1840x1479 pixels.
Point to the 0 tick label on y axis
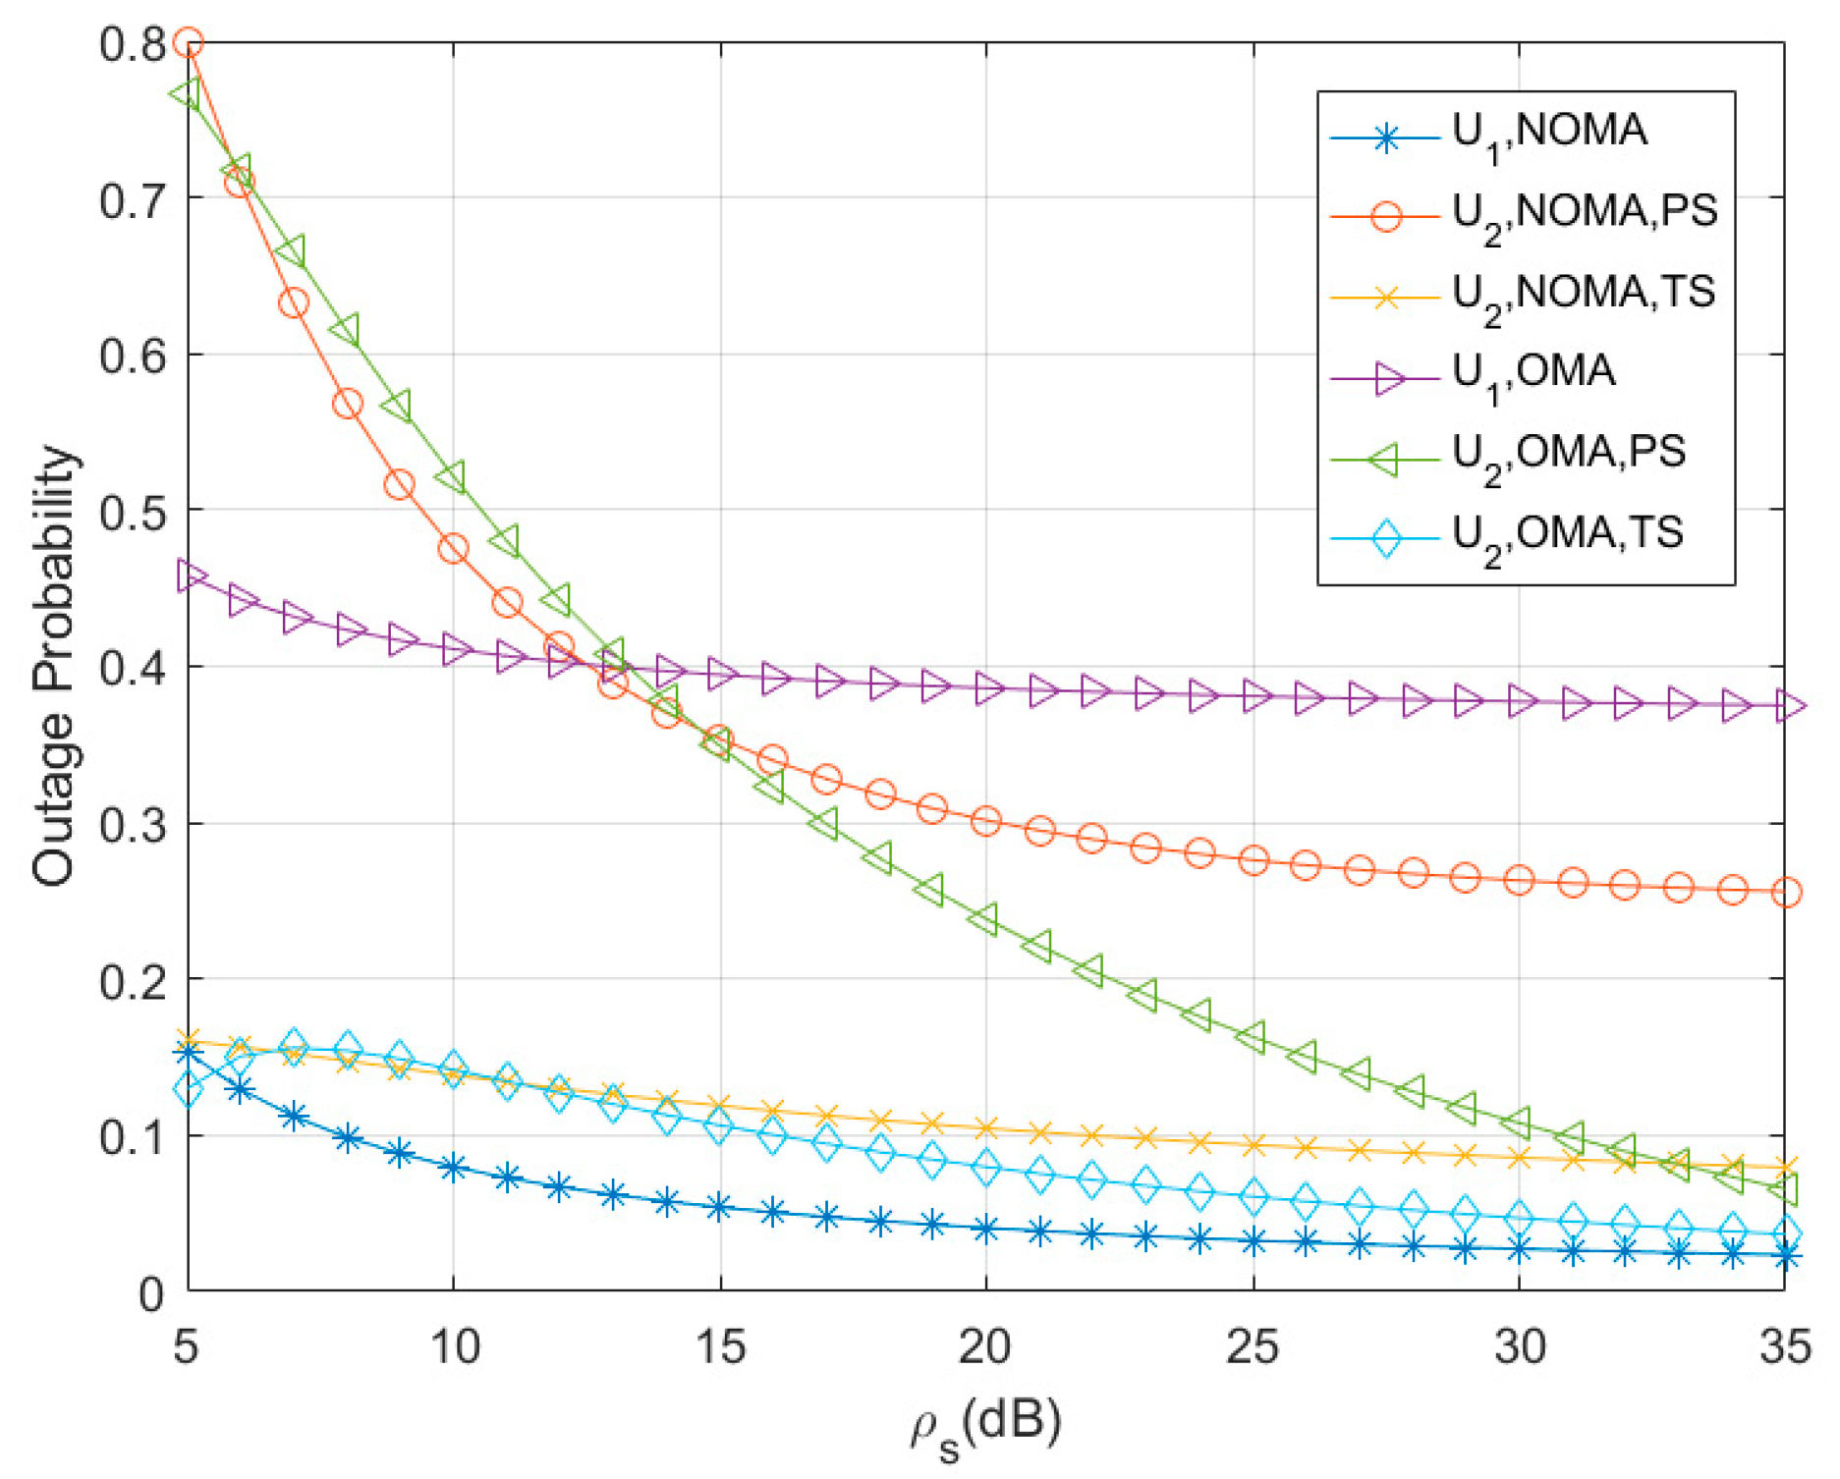click(152, 1294)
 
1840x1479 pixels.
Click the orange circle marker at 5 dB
click(188, 43)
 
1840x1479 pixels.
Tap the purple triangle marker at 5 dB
click(190, 576)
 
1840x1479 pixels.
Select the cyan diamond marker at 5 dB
click(188, 1090)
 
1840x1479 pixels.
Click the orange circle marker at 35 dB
click(1785, 893)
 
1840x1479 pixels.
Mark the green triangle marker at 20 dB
click(982, 920)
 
